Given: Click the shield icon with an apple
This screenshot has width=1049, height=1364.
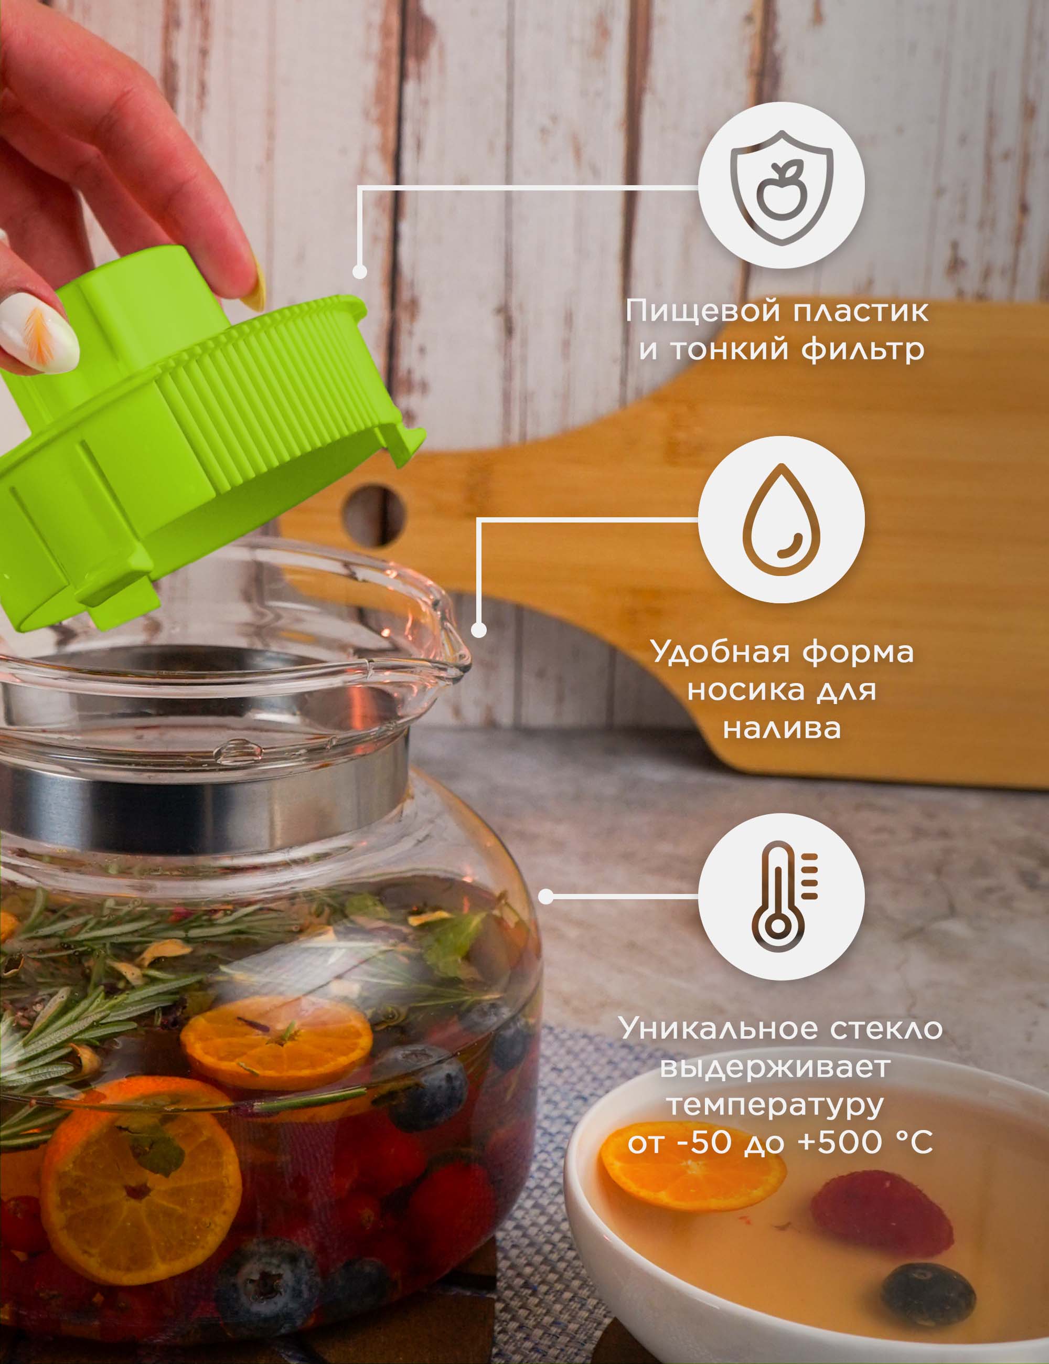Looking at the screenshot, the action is tap(781, 187).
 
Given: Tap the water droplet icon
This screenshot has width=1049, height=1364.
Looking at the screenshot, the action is tap(781, 519).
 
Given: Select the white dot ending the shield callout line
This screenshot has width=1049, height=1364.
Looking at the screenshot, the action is tap(359, 272).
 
